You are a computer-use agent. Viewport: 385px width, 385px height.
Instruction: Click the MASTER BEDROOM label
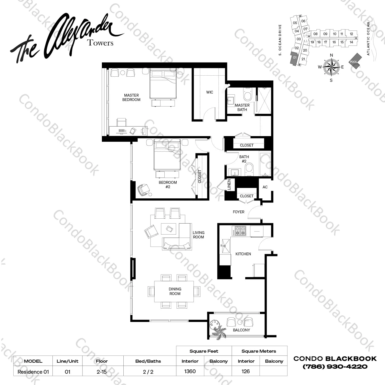(x=131, y=97)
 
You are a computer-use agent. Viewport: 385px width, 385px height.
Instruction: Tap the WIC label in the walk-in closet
(x=209, y=92)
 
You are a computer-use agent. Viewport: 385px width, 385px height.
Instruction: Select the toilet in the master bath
(x=248, y=95)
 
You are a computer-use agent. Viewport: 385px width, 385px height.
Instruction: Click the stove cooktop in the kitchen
(x=239, y=230)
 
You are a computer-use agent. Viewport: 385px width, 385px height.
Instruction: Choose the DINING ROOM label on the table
(x=175, y=291)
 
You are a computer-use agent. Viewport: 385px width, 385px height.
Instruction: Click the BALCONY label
(x=241, y=330)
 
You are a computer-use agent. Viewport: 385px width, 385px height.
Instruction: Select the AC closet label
(x=265, y=187)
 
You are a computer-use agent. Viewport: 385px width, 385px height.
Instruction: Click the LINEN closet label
(x=229, y=185)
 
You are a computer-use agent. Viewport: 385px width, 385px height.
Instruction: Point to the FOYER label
(x=238, y=212)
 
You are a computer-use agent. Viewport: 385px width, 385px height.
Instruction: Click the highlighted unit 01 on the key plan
(x=294, y=58)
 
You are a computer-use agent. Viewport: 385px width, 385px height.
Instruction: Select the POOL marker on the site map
(x=354, y=62)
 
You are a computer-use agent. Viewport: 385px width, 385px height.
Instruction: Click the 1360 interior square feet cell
(x=190, y=371)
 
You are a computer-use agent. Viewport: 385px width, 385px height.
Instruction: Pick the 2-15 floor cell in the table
(x=102, y=372)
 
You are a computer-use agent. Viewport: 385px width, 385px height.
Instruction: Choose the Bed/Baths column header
(x=148, y=361)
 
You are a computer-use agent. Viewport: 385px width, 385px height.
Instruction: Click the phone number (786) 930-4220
(x=335, y=367)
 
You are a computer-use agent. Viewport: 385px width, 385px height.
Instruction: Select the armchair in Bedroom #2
(x=144, y=190)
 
